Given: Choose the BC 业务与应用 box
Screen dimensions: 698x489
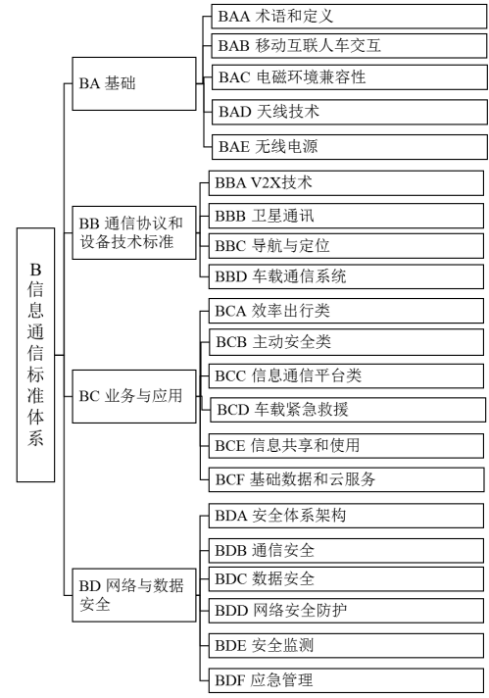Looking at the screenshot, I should coord(136,396).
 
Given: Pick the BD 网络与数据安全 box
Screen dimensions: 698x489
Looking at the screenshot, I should coord(136,594).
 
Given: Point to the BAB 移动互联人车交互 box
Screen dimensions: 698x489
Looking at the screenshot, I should coord(348,45).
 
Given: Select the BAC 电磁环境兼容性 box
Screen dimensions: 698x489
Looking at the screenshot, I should coord(348,77).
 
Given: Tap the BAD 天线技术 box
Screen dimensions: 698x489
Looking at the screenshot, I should coord(348,112).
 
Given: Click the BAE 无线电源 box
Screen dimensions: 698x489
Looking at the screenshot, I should coord(348,147).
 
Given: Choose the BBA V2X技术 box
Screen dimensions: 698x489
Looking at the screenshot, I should coord(348,182).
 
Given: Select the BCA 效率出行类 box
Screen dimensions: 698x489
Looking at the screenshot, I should coord(348,313).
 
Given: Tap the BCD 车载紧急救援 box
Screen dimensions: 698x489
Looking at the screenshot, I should coord(348,409).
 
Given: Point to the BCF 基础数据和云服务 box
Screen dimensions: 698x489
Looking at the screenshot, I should coord(348,479).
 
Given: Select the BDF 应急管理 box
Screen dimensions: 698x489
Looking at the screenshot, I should coord(348,679).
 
